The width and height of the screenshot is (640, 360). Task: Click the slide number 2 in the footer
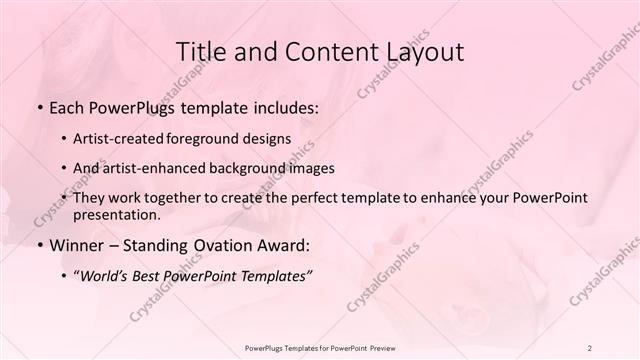[590, 347]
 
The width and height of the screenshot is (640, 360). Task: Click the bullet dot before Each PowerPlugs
[39, 106]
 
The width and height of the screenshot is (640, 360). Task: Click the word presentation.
[116, 215]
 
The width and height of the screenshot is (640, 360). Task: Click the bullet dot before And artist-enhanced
[65, 168]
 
